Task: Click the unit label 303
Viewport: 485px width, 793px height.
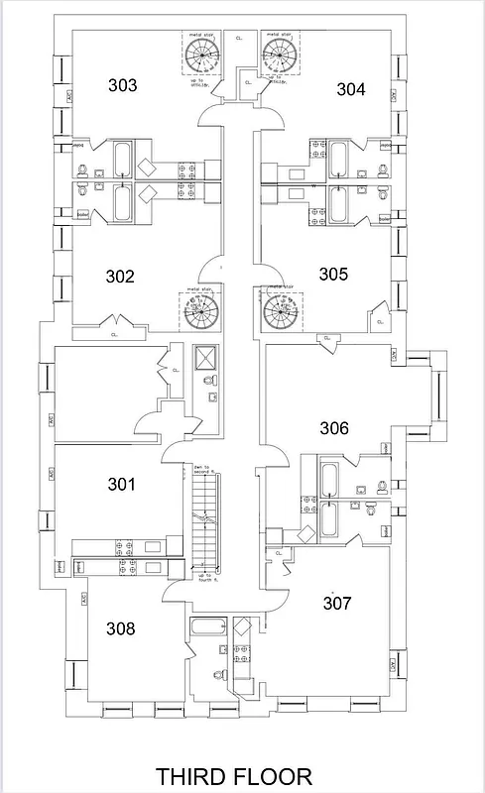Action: (122, 85)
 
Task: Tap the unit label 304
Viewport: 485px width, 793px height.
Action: (350, 89)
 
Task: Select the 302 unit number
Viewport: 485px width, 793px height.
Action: (119, 277)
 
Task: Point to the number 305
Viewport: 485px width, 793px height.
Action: (333, 274)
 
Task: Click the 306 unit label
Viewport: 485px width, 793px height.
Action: (333, 427)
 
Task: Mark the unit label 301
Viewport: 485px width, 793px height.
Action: (121, 484)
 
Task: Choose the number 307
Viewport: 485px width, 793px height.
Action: (338, 602)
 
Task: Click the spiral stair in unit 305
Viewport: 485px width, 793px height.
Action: (280, 312)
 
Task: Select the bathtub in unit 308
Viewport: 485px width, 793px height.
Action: (207, 626)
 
